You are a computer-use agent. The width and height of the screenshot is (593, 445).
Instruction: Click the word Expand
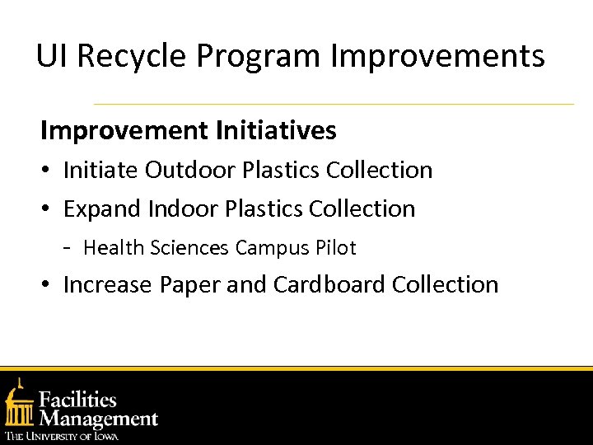(x=102, y=209)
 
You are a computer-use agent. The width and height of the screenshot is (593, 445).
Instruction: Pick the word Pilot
(x=335, y=247)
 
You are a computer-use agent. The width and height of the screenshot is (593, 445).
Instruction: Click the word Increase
(x=108, y=284)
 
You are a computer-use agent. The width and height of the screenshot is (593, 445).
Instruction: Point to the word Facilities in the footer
(x=78, y=400)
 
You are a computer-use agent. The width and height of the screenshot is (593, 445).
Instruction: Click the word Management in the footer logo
(x=98, y=419)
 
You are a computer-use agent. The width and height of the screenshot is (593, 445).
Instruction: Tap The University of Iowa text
(x=62, y=435)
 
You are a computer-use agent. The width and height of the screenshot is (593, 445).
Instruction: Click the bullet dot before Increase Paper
(x=48, y=285)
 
